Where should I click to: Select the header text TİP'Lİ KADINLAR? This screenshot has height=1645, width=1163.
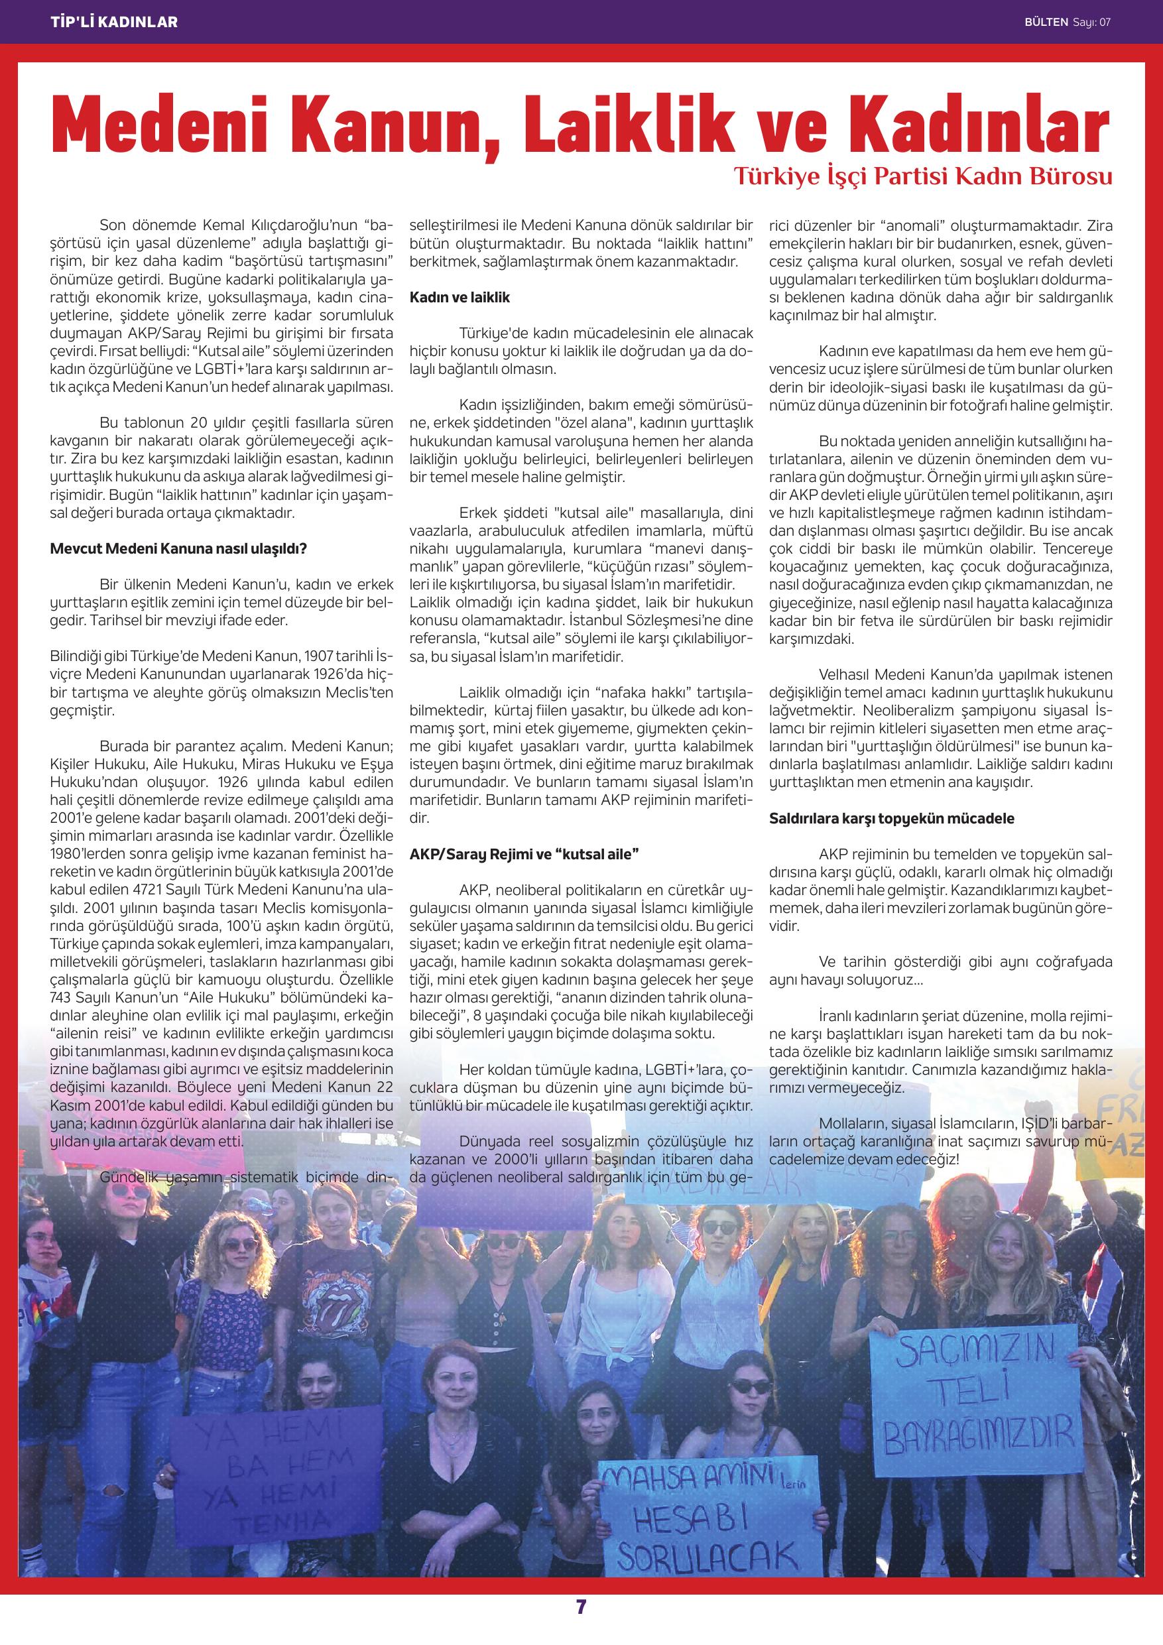coord(115,22)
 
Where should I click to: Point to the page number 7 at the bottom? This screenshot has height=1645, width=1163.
coord(581,1620)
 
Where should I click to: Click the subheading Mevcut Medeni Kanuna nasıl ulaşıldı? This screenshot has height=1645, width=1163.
coord(178,550)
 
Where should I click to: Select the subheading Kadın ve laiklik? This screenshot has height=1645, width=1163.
coord(459,297)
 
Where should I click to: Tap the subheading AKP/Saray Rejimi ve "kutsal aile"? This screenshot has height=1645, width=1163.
coord(523,854)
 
